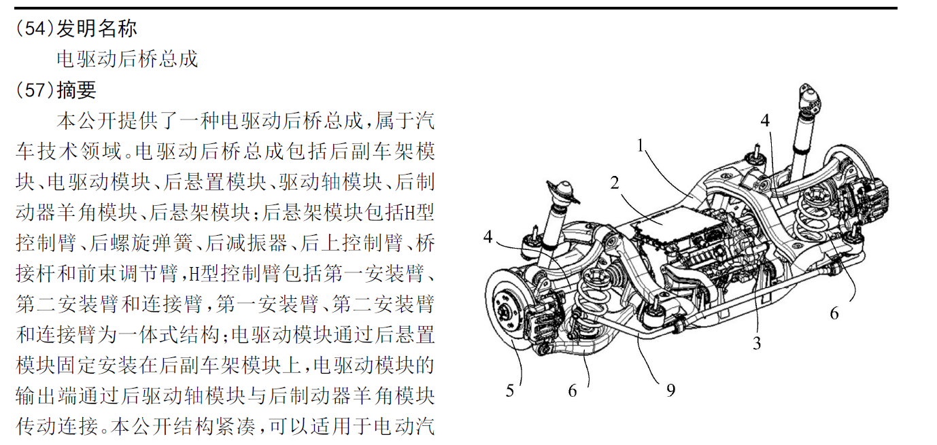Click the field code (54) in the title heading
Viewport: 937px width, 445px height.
coord(35,29)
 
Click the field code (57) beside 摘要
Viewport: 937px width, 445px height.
coord(35,90)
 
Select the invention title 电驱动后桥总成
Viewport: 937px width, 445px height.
coord(127,59)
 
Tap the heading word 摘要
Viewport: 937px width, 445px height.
coord(77,90)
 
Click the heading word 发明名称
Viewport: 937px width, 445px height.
coord(97,29)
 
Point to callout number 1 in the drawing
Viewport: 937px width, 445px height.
coord(640,145)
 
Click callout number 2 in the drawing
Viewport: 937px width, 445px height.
coord(615,183)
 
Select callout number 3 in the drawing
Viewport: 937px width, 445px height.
coord(757,344)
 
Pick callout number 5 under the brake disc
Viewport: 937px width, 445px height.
coord(509,391)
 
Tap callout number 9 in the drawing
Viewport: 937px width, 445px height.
coord(671,390)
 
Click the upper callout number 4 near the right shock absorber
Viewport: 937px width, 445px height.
coord(765,120)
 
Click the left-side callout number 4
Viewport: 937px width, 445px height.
coord(488,236)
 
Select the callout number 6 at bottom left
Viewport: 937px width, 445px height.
coord(573,391)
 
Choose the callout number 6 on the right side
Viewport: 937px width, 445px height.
coord(834,313)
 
